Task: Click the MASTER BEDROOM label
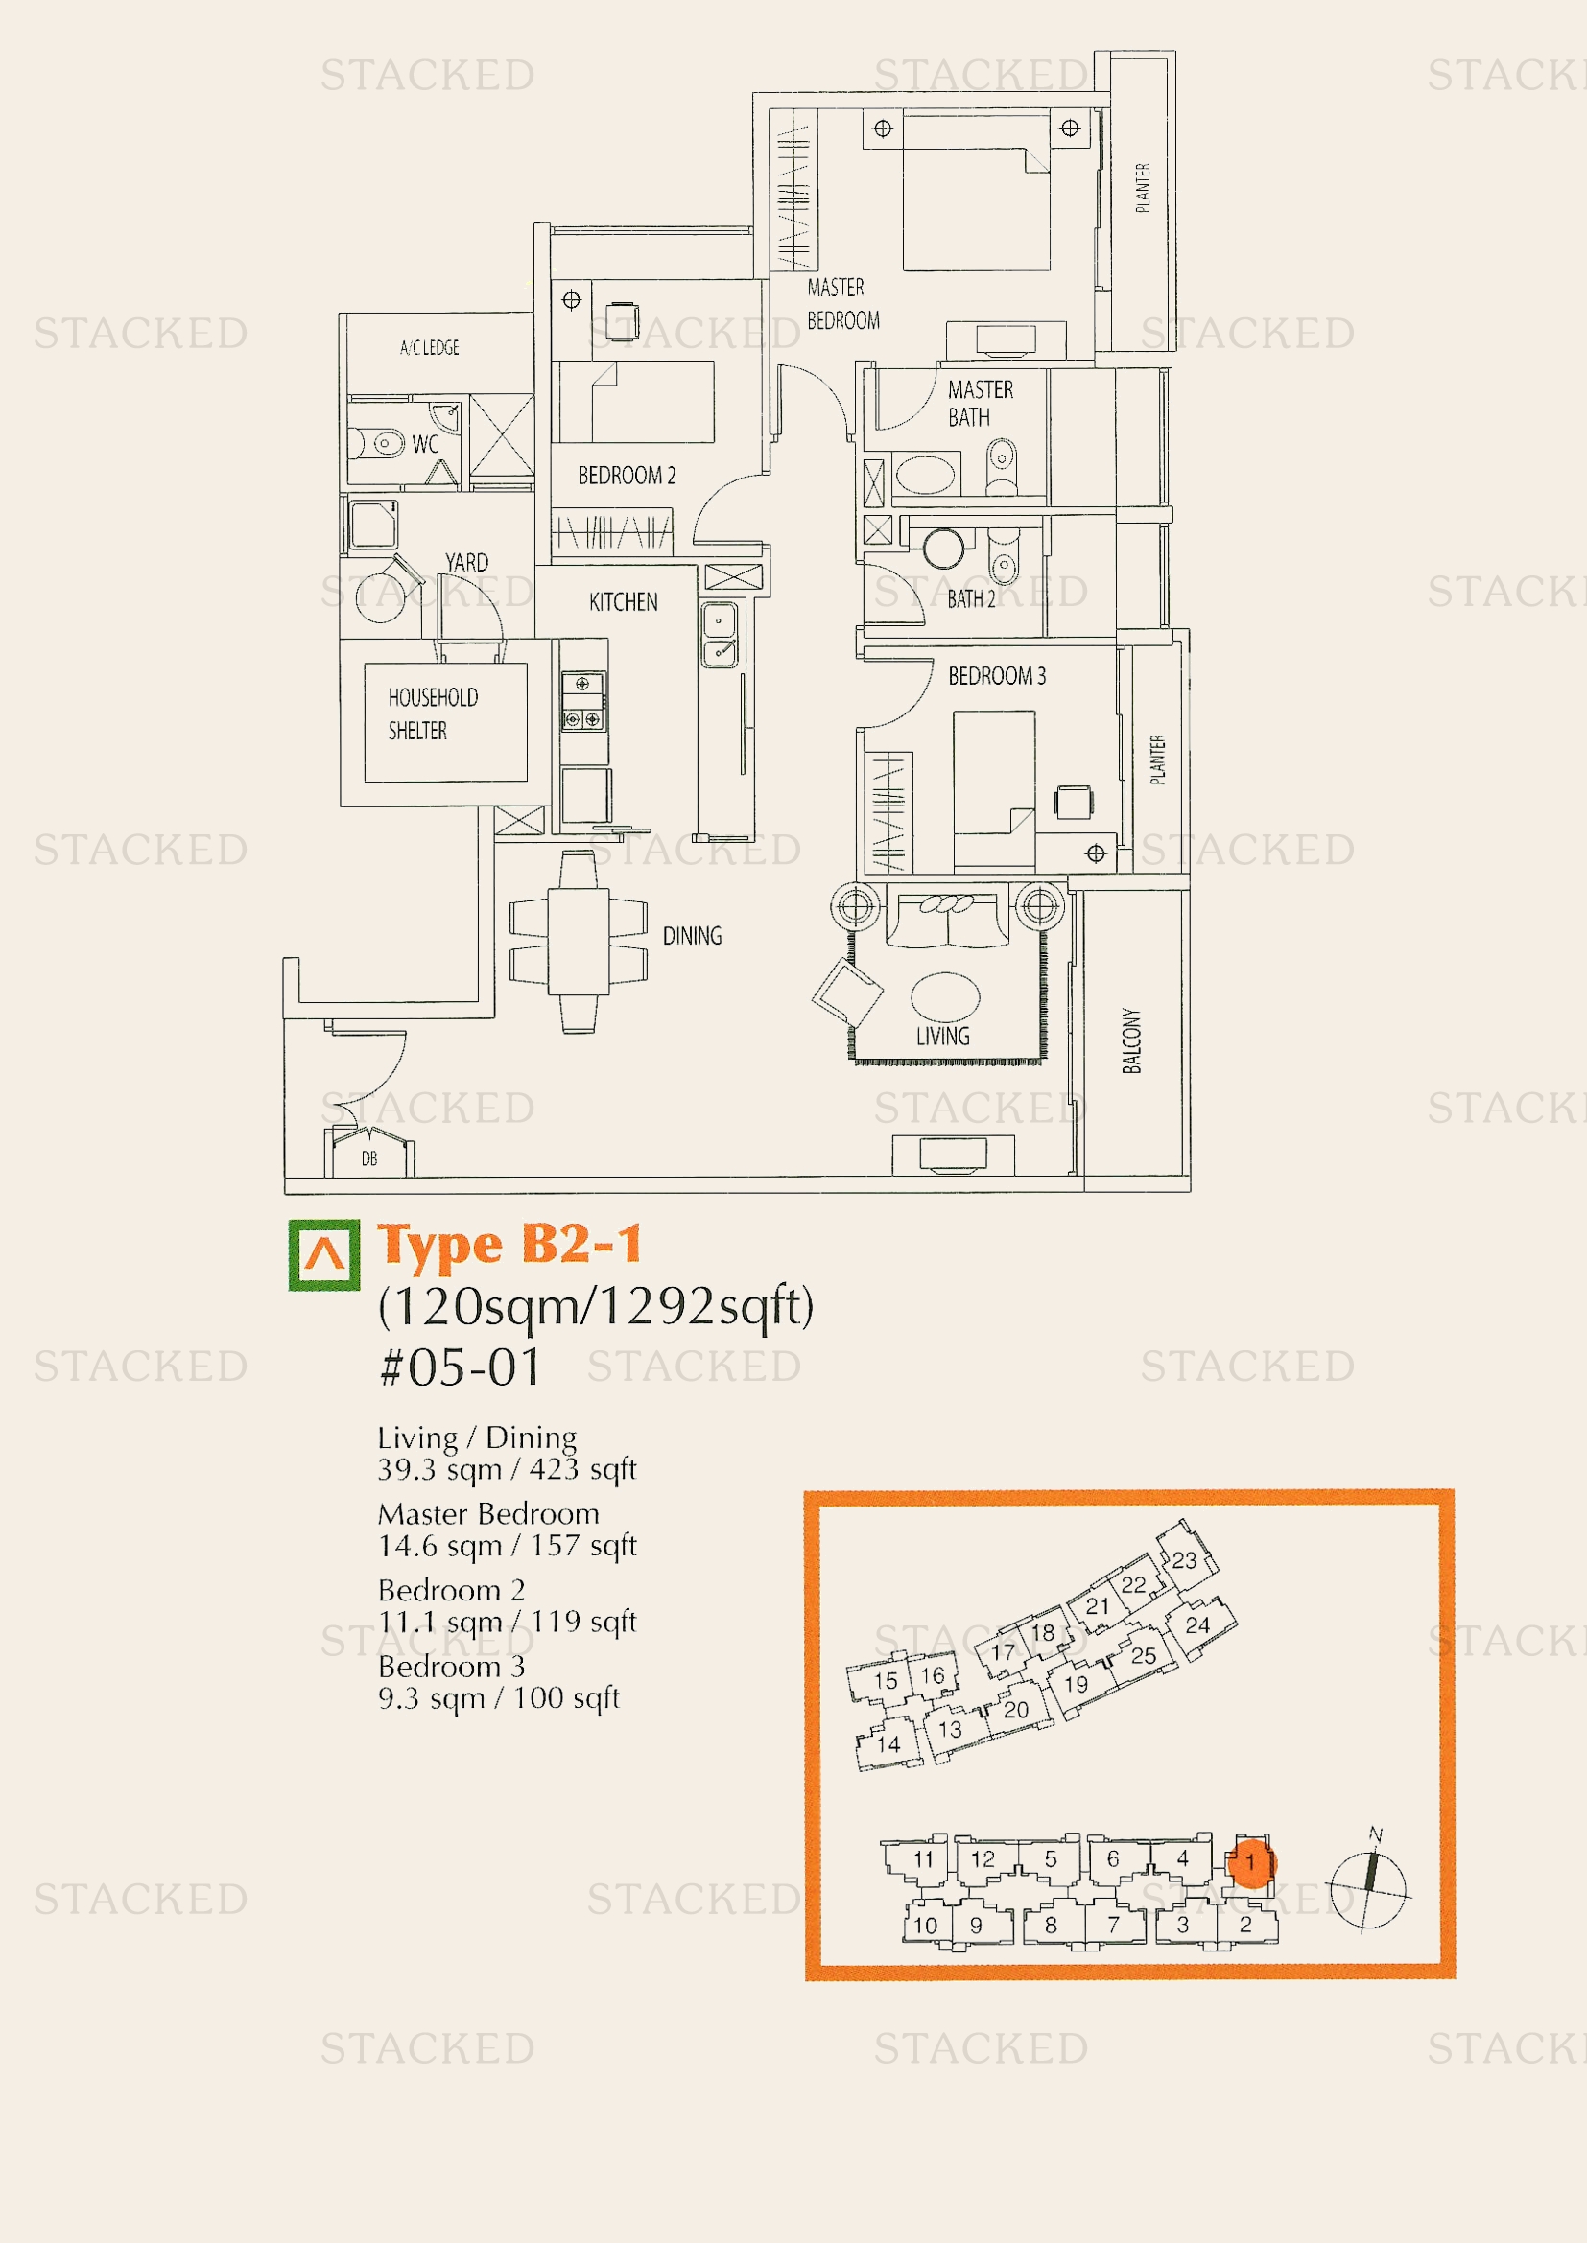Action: [843, 304]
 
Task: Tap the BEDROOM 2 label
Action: [627, 476]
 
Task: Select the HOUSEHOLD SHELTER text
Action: [433, 714]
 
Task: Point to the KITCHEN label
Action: [624, 602]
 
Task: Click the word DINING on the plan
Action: [692, 936]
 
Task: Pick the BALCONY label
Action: [1131, 1040]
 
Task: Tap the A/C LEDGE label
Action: [429, 348]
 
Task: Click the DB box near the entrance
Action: [369, 1153]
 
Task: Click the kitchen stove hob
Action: [582, 700]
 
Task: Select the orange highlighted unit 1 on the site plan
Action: [1250, 1862]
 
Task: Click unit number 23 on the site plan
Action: [1184, 1560]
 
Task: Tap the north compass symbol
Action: [1369, 1890]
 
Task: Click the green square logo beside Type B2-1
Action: [324, 1255]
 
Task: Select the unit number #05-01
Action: [460, 1367]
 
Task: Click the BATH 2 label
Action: [971, 598]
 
